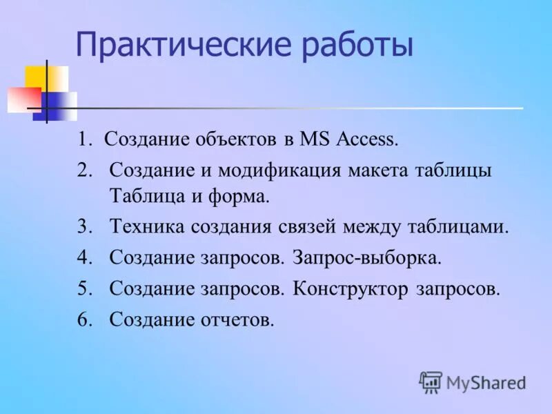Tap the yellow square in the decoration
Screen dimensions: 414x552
[47, 79]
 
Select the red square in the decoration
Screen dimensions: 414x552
[23, 99]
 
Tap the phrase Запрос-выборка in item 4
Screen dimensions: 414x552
[366, 259]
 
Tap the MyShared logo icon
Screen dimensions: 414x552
[431, 381]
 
